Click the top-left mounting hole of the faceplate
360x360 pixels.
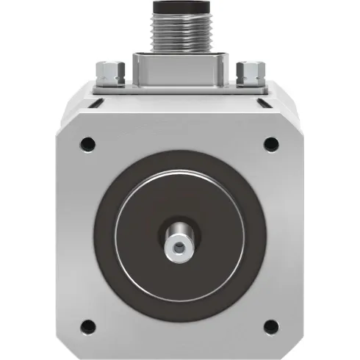[87, 142]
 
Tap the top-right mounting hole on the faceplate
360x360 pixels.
[270, 143]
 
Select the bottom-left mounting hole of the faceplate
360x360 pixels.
[87, 324]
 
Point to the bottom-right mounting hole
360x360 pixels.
[270, 324]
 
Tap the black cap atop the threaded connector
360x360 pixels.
[179, 7]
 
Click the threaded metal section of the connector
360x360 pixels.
[179, 32]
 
